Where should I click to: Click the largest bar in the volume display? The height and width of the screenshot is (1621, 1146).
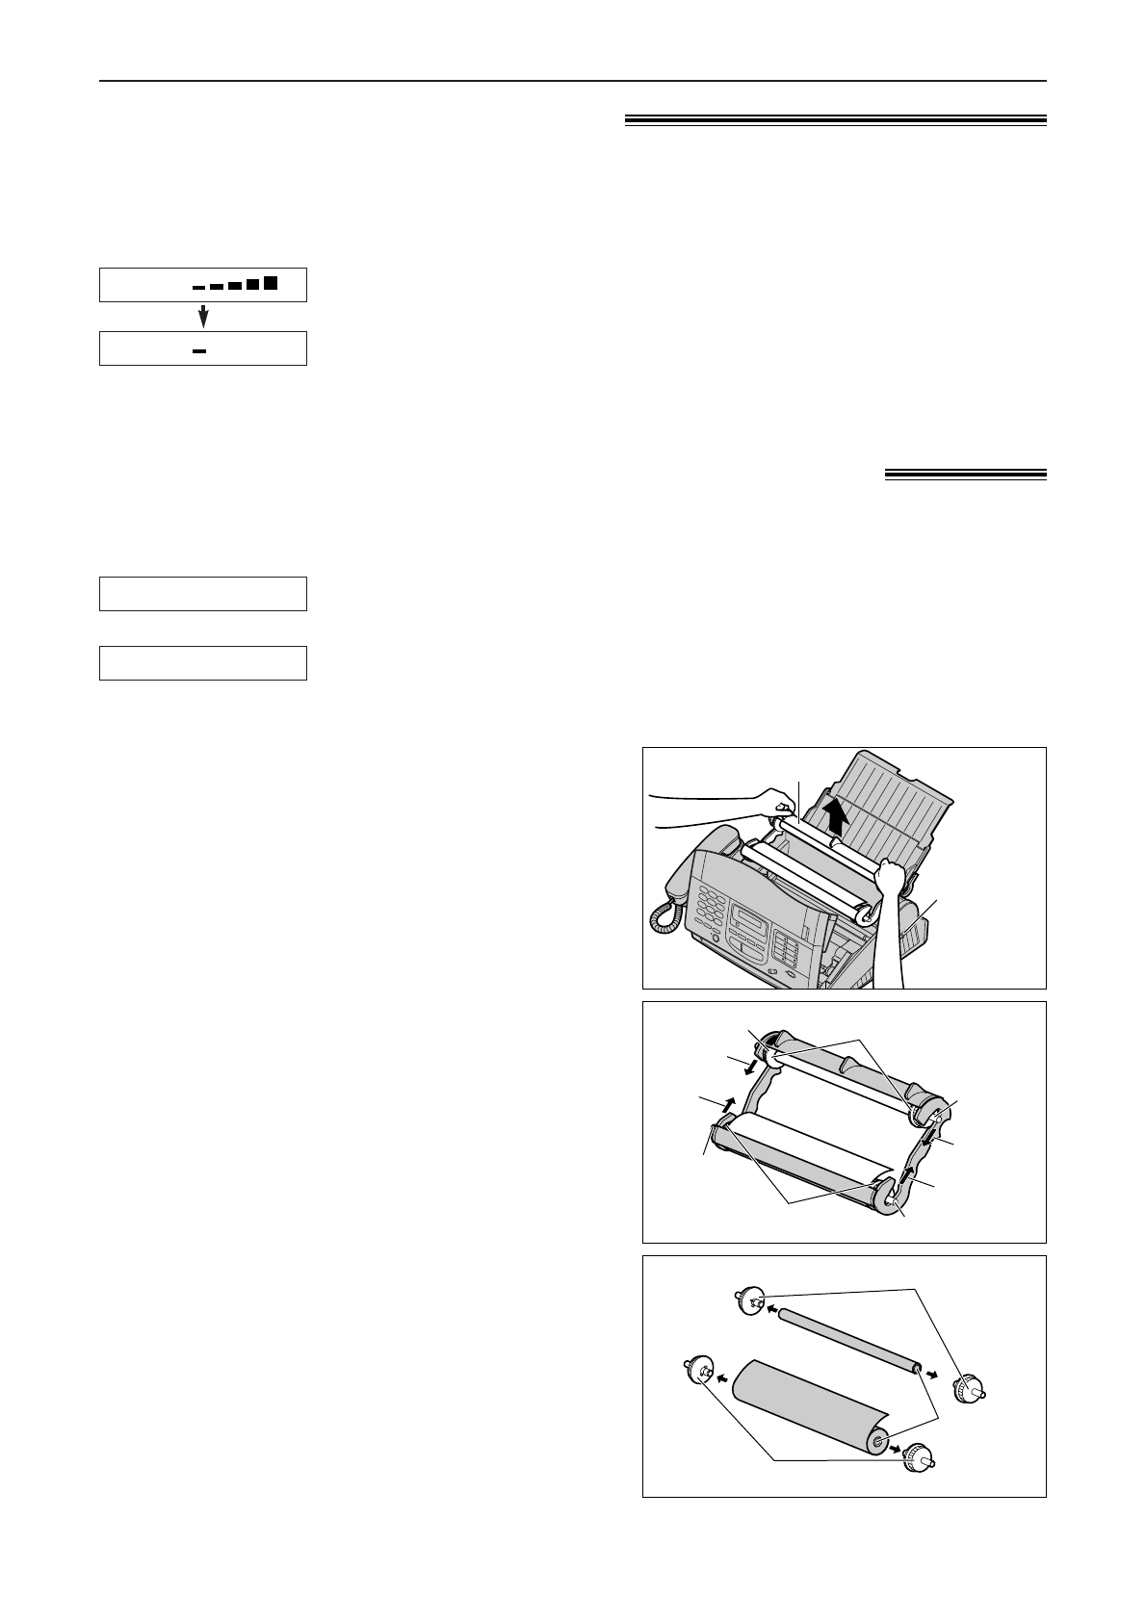pyautogui.click(x=271, y=283)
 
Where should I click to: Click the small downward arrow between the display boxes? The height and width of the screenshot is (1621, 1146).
pyautogui.click(x=203, y=317)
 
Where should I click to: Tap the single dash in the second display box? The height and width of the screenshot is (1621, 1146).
pyautogui.click(x=199, y=351)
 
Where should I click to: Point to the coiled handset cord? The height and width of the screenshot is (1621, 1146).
pyautogui.click(x=665, y=915)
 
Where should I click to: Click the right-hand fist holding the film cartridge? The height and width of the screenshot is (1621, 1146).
pyautogui.click(x=893, y=877)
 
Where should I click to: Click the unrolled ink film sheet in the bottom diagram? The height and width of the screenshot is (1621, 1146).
pyautogui.click(x=799, y=1405)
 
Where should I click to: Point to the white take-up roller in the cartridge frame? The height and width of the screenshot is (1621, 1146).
pyautogui.click(x=838, y=1080)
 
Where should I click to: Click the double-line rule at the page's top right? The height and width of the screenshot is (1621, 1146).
pyautogui.click(x=835, y=120)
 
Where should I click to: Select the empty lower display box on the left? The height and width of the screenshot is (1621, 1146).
pyautogui.click(x=203, y=663)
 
